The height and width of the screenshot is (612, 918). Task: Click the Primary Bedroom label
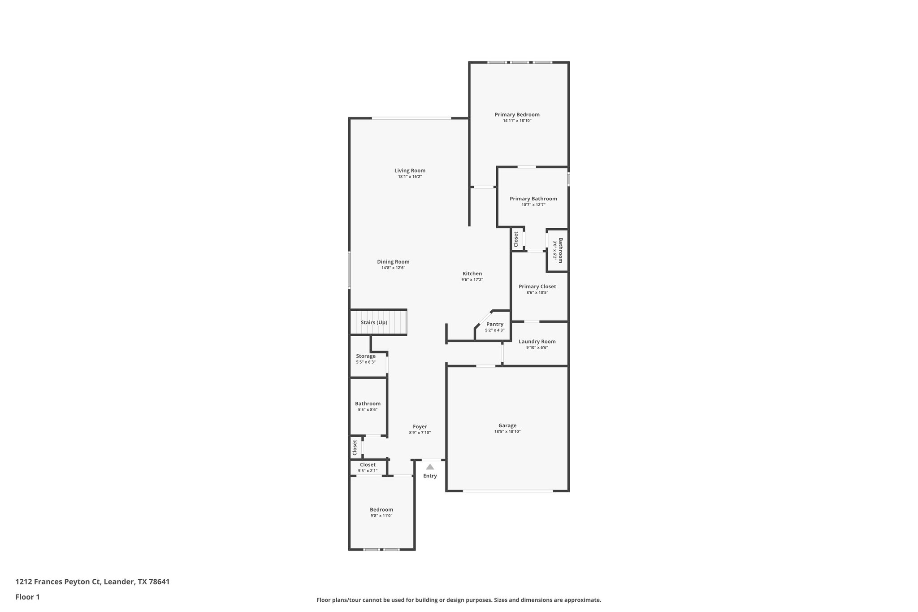pos(517,115)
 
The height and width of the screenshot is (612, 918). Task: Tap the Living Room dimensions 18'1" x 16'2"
pos(410,177)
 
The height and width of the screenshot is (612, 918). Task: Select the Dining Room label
pos(393,262)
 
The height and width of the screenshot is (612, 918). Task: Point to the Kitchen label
pos(472,273)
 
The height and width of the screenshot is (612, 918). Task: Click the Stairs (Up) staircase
pos(378,322)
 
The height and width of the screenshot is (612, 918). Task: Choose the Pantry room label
pos(494,324)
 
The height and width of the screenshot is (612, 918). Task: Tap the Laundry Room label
pos(537,342)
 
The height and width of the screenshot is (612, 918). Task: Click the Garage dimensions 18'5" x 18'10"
pos(507,432)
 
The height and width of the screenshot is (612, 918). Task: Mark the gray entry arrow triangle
pos(430,467)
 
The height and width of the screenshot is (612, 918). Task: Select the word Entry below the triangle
pos(430,476)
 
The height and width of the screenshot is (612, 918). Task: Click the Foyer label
pos(420,427)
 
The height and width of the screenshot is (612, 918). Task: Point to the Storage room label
pos(366,356)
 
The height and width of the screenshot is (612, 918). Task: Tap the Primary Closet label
pos(537,286)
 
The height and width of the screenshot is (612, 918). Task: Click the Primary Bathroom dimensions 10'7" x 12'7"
pos(533,205)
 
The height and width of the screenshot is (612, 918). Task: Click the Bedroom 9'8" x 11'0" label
pos(381,510)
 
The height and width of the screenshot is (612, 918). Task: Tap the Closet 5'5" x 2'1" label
pos(368,465)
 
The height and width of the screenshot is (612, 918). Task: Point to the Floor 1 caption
pos(27,597)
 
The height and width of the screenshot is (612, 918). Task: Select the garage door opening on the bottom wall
pos(508,491)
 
